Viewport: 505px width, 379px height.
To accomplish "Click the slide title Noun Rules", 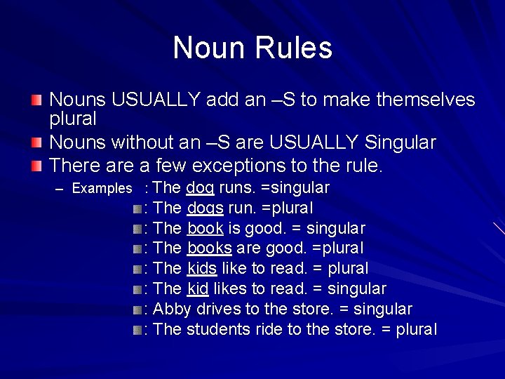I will coord(252,48).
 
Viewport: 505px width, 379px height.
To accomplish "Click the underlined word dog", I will coord(200,188).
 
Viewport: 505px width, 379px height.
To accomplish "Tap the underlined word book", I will coord(205,228).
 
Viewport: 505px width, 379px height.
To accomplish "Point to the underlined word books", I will coord(209,248).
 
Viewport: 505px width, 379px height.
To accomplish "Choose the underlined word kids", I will coord(202,268).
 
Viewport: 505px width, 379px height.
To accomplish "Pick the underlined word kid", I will coord(197,288).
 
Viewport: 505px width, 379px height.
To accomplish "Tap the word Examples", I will coord(102,189).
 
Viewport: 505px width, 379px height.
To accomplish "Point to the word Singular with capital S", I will coord(400,143).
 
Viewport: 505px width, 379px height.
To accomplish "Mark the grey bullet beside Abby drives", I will coord(137,310).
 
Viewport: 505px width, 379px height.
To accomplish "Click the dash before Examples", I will coord(59,189).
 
